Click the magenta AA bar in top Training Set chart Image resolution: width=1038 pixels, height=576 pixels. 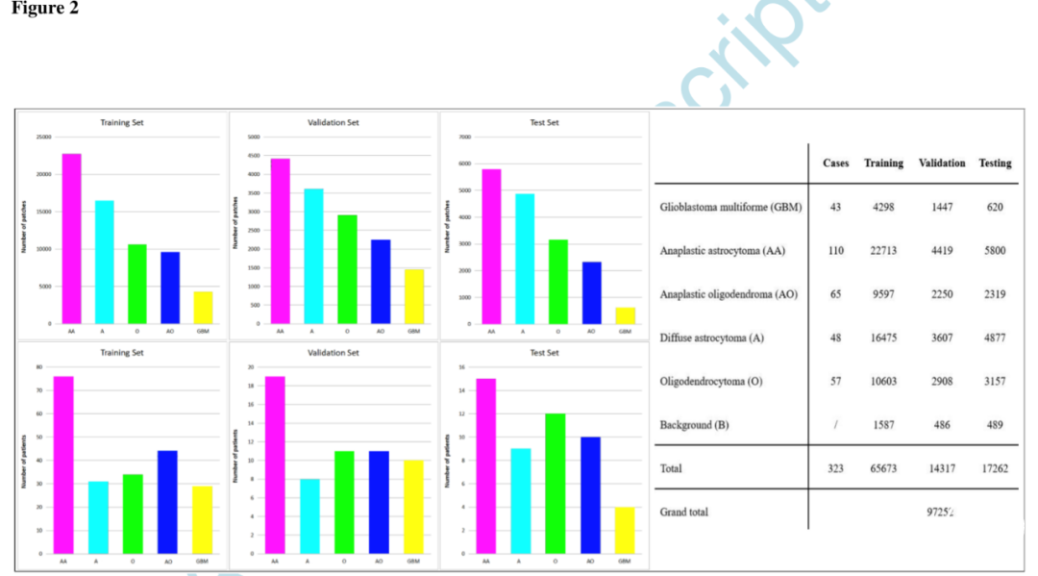[x=72, y=238]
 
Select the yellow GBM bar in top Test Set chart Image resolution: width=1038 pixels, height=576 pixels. [x=625, y=315]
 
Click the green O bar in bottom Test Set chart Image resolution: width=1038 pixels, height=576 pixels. [x=555, y=484]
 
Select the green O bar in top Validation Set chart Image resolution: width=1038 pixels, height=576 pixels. [x=347, y=269]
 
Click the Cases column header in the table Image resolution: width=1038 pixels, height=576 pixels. [x=835, y=163]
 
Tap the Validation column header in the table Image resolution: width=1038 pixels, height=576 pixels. [x=942, y=163]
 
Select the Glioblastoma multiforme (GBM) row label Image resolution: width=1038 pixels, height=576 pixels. [x=730, y=208]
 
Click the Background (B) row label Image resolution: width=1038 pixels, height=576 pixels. [x=700, y=425]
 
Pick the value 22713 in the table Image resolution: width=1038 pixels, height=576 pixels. [x=883, y=251]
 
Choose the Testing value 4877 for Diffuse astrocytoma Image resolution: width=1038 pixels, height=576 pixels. [x=995, y=338]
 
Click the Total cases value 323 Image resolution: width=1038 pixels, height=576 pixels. [x=835, y=468]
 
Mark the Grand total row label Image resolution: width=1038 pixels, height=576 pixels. [x=684, y=512]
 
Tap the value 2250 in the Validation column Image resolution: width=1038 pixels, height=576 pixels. [x=942, y=294]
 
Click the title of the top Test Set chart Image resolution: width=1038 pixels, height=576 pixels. [x=544, y=123]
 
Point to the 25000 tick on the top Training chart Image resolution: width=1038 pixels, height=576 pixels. [x=43, y=138]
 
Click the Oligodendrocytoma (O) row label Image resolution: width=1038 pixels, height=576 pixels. [x=711, y=382]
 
